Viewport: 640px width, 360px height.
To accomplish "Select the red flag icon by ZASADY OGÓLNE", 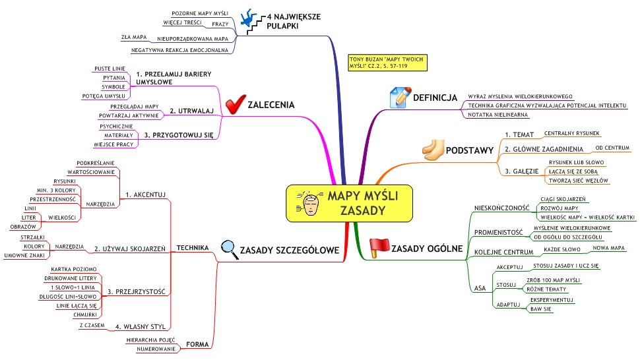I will (379, 247).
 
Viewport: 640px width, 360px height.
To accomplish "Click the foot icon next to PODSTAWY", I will (433, 150).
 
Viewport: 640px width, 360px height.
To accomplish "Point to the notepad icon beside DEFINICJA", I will (400, 97).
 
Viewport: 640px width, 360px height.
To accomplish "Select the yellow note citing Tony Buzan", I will (387, 62).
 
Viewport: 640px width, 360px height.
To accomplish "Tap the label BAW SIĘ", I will (541, 309).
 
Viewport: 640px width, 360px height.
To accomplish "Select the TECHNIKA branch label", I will (193, 247).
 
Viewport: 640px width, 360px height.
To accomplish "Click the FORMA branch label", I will (198, 344).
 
